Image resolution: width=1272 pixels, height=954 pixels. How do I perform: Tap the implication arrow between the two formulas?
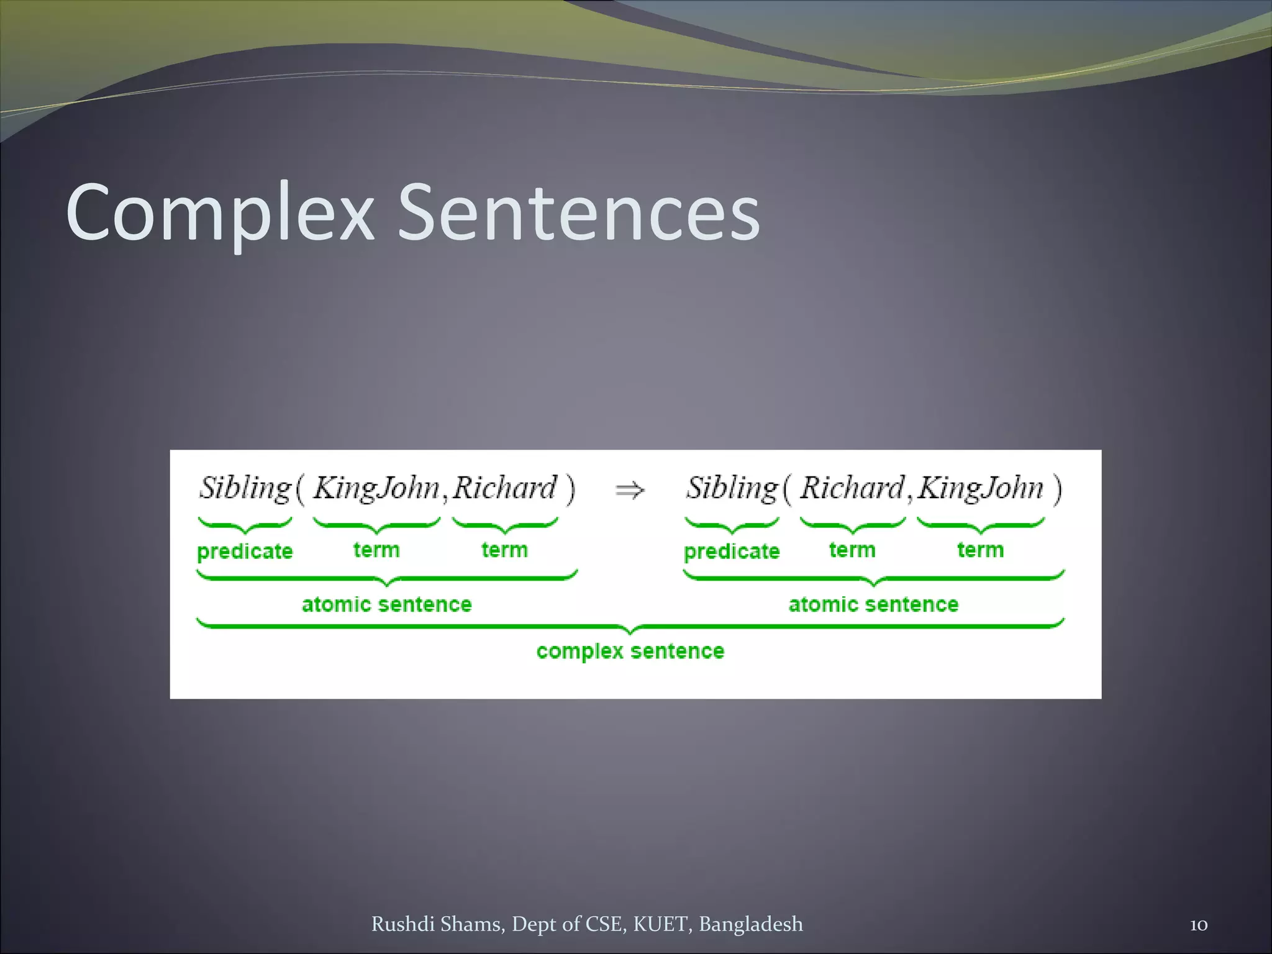tap(630, 491)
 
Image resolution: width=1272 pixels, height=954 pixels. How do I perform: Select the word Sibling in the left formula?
tap(245, 488)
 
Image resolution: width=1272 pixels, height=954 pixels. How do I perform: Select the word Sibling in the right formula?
tap(732, 488)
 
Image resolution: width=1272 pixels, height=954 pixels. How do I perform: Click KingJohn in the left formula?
tap(376, 488)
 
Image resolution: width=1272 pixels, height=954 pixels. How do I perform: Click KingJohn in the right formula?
tap(981, 488)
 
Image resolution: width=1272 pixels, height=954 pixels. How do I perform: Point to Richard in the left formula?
tap(504, 488)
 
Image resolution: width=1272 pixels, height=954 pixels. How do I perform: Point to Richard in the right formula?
tap(852, 488)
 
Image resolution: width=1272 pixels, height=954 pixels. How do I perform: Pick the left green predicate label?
tap(245, 552)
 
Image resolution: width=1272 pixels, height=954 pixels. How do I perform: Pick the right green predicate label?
tap(732, 552)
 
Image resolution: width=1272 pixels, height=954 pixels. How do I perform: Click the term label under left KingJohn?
tap(376, 550)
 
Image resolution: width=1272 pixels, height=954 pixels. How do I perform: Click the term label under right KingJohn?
tap(980, 550)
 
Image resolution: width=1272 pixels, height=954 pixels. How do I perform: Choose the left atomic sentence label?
tap(386, 604)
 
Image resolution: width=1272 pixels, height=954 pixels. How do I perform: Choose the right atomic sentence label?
tap(873, 604)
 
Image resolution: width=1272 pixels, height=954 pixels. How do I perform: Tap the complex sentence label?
tap(630, 651)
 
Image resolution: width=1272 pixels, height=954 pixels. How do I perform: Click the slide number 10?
tap(1199, 925)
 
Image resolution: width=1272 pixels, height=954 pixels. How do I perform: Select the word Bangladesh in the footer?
tap(751, 924)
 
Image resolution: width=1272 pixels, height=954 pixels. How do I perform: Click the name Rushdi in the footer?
tap(402, 924)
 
